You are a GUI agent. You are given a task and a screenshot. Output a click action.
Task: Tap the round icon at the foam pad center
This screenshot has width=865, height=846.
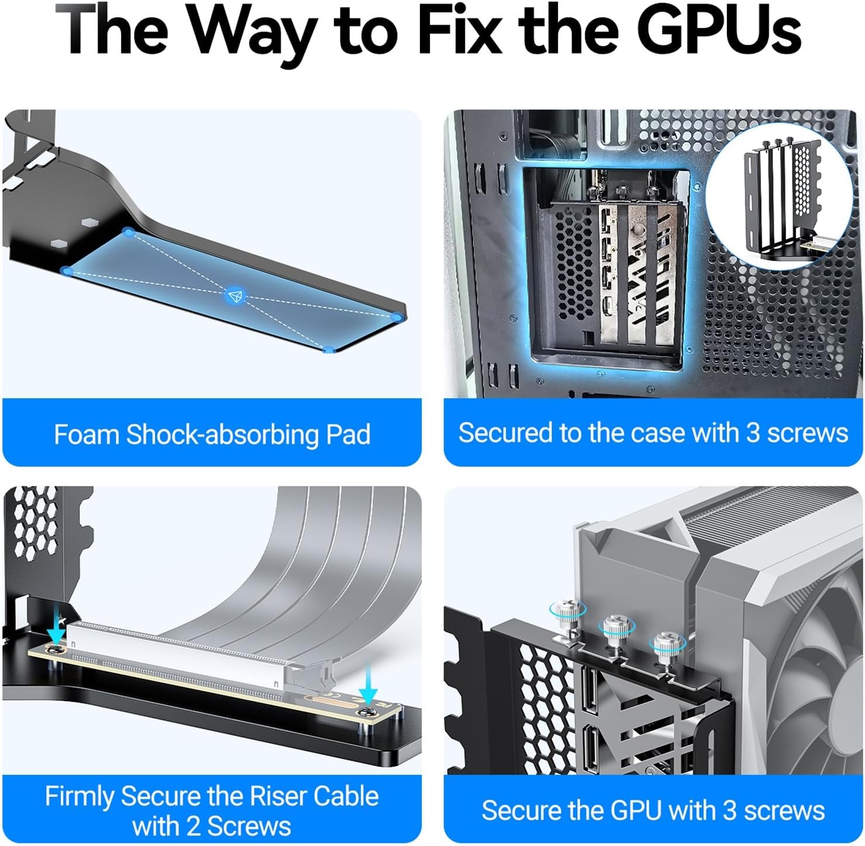[x=235, y=295]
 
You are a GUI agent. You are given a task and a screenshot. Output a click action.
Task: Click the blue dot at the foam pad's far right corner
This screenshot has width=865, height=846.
[x=398, y=317]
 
